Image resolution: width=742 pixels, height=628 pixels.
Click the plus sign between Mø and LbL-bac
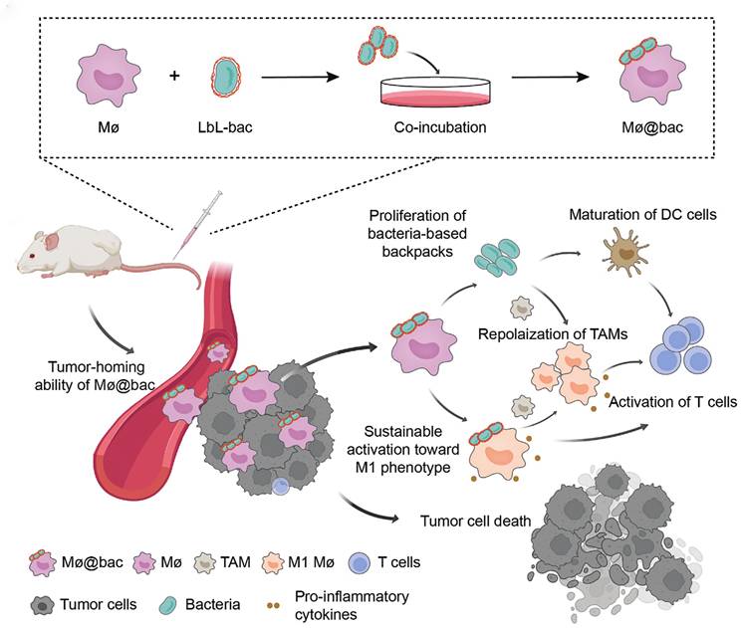point(175,76)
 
